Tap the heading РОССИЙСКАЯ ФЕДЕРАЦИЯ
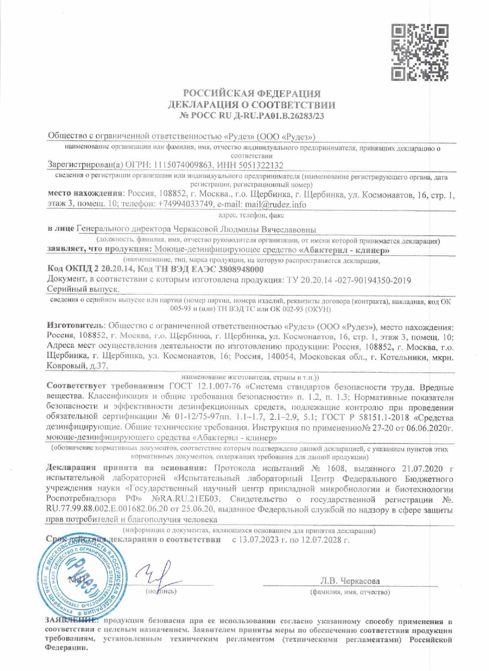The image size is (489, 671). [x=252, y=93]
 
